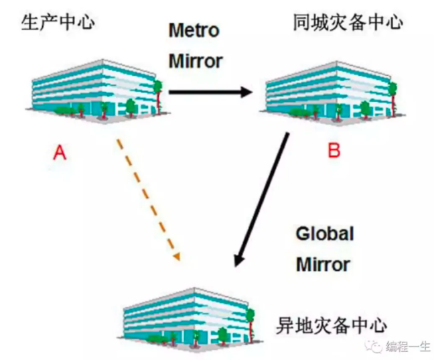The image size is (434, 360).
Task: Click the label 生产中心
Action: (x=58, y=22)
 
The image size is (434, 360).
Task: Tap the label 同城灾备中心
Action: (x=348, y=22)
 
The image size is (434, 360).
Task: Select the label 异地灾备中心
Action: (x=331, y=325)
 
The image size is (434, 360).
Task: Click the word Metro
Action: (x=194, y=30)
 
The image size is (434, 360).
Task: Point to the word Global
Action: (x=325, y=233)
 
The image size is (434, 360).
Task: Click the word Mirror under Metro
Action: (x=196, y=61)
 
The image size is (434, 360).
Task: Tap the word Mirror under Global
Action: (x=323, y=264)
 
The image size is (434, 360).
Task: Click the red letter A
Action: (x=60, y=153)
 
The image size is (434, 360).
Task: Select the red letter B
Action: (x=334, y=151)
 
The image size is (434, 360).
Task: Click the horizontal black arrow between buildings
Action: (x=211, y=92)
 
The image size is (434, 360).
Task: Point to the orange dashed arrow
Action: (x=149, y=200)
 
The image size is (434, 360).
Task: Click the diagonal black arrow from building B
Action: (x=261, y=200)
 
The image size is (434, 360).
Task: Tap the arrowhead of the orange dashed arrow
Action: (x=177, y=256)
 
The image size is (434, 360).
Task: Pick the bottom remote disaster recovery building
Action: (x=189, y=319)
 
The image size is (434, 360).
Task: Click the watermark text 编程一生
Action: (x=407, y=346)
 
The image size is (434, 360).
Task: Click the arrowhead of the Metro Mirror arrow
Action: (x=247, y=92)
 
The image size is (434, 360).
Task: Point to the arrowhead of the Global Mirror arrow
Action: (x=239, y=260)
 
